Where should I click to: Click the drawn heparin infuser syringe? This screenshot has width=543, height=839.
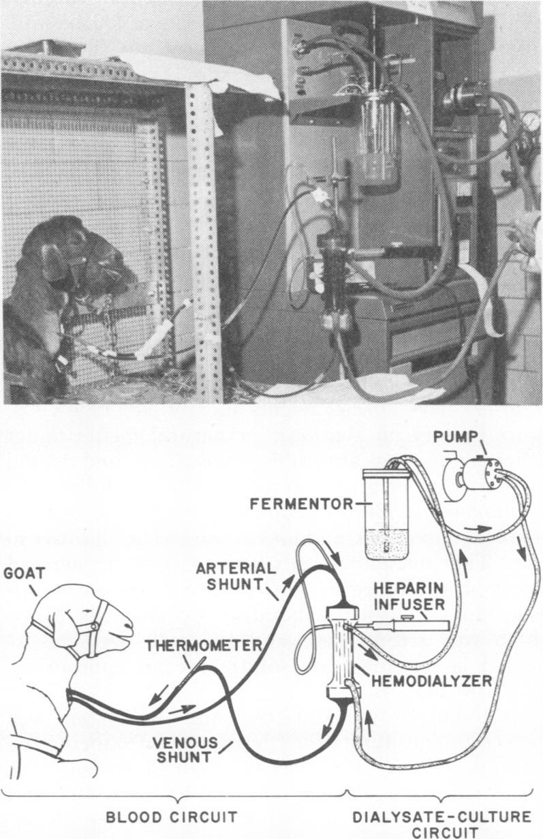coord(403,624)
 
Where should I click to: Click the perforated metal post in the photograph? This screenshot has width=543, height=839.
coord(204,239)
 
